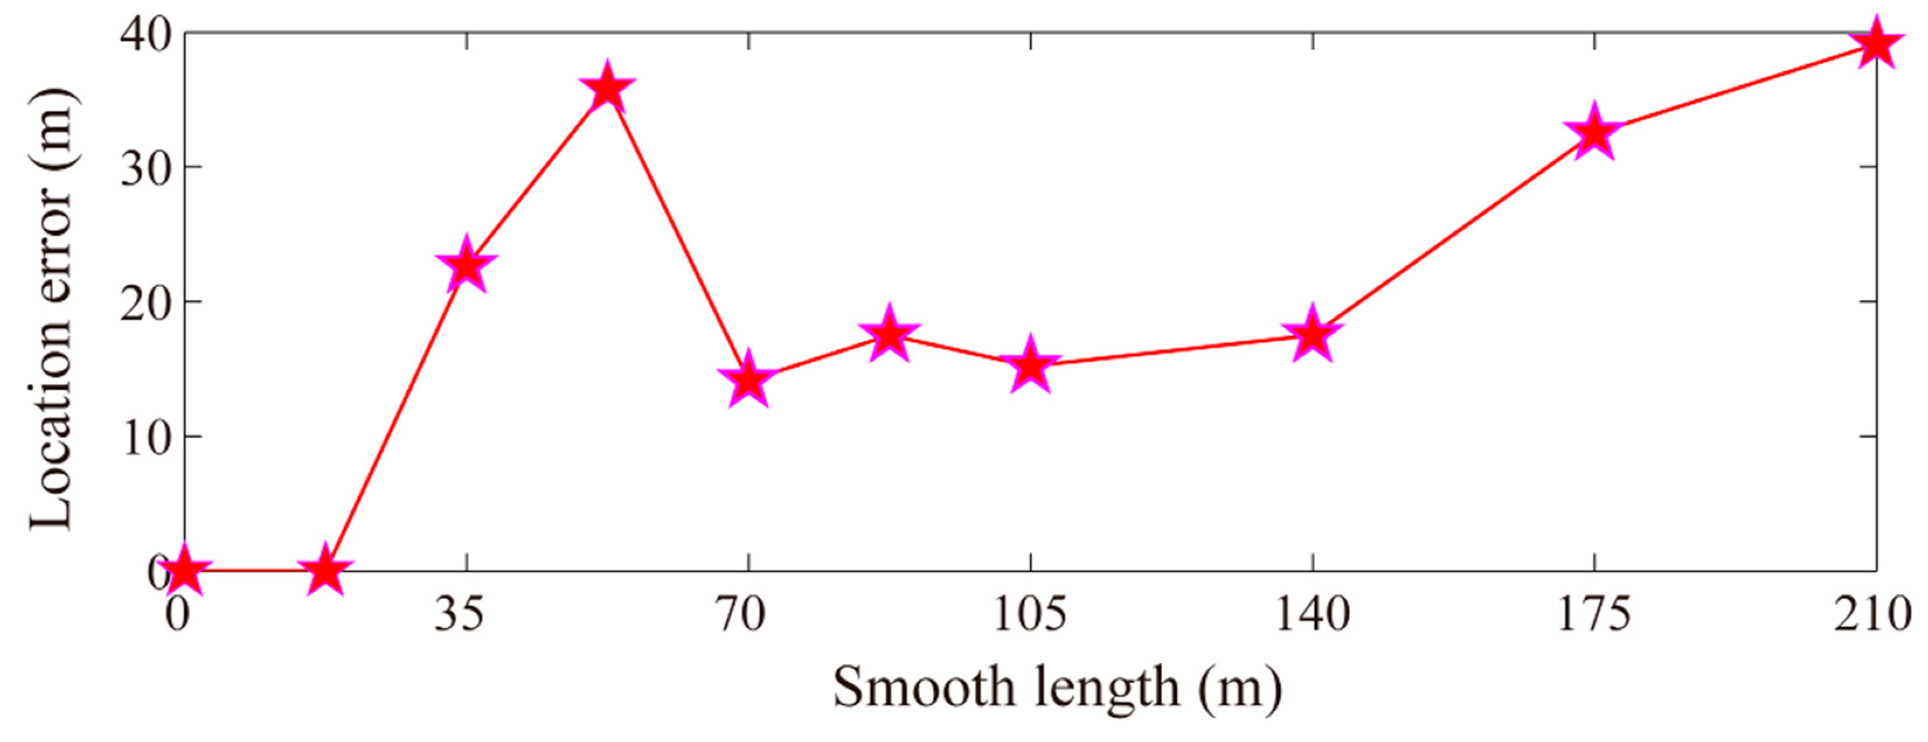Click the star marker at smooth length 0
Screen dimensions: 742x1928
pyautogui.click(x=184, y=571)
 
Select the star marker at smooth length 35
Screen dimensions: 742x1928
pyautogui.click(x=467, y=266)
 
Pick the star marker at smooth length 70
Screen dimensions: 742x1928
pyautogui.click(x=748, y=380)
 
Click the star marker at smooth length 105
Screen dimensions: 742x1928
pyautogui.click(x=1031, y=365)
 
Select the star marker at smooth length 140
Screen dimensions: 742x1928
pyautogui.click(x=1312, y=335)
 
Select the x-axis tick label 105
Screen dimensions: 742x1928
pyautogui.click(x=1030, y=615)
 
